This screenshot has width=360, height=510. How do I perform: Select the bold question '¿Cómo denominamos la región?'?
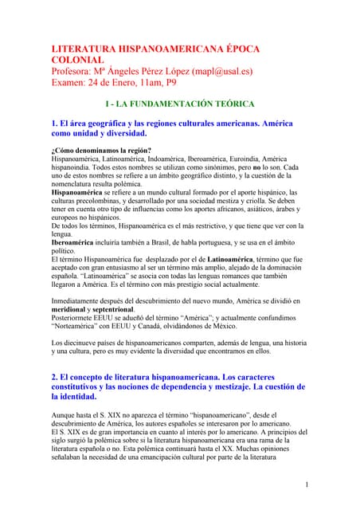pos(101,151)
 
